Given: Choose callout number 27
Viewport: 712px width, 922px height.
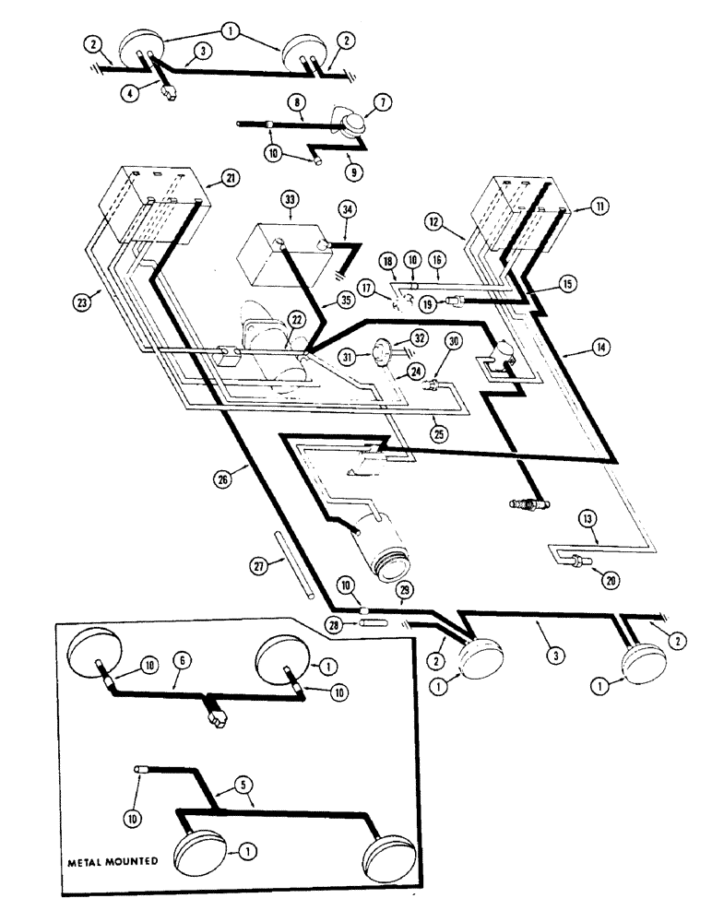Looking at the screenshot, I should click(261, 565).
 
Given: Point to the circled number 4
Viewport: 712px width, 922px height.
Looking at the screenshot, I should click(136, 92).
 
